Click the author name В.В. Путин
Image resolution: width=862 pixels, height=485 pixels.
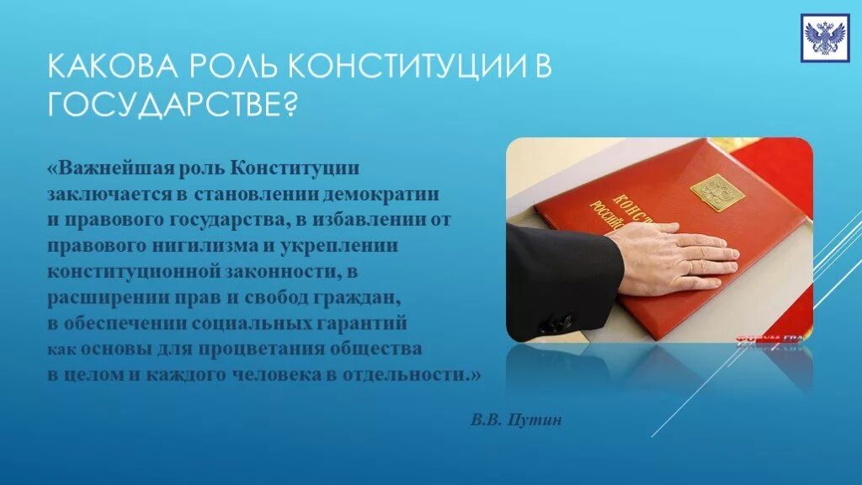click(516, 419)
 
